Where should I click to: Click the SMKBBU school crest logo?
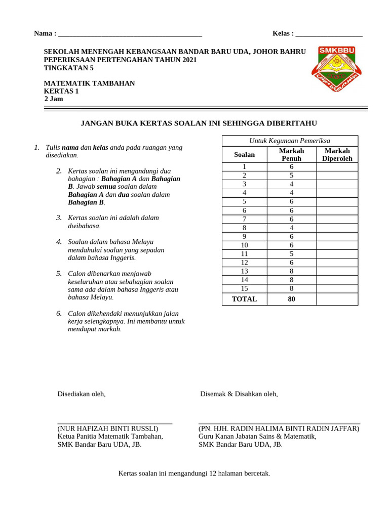(x=337, y=68)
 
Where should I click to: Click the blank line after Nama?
(x=130, y=35)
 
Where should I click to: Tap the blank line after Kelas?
(x=329, y=35)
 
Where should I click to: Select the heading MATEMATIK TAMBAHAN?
(x=89, y=83)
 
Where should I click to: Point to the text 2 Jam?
(x=54, y=99)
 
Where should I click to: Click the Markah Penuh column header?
(x=291, y=155)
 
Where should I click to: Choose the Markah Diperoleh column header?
(x=337, y=155)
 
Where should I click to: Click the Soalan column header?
(x=244, y=155)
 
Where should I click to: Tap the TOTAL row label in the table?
(x=244, y=299)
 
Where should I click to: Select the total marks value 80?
(x=291, y=299)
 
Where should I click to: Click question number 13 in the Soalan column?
(x=244, y=271)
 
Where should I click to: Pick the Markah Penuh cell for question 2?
(x=291, y=176)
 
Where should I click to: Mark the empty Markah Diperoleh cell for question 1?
(x=337, y=167)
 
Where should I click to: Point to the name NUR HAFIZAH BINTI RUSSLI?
(x=108, y=428)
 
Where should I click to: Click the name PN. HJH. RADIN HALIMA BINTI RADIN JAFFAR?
(x=279, y=428)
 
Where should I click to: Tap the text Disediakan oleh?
(x=82, y=394)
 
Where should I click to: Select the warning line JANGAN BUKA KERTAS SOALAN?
(x=199, y=123)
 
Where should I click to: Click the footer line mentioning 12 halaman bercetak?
(x=194, y=473)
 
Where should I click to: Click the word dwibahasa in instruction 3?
(x=84, y=226)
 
